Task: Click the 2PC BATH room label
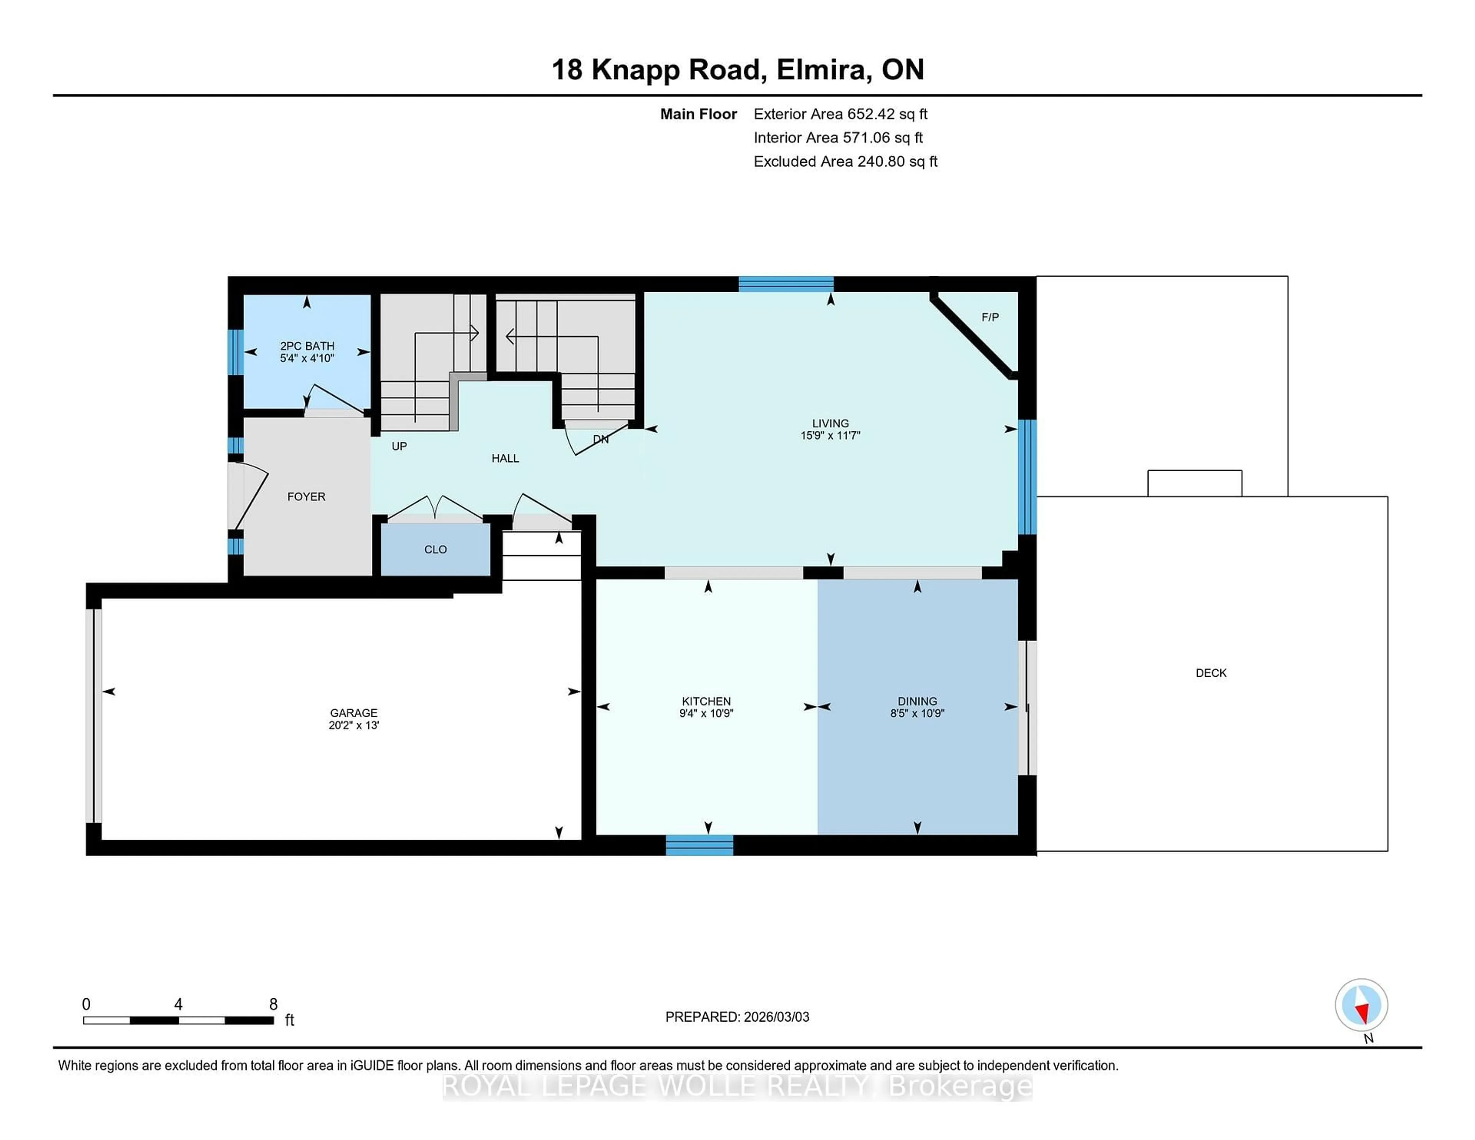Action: (x=307, y=346)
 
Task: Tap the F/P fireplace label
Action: (x=989, y=317)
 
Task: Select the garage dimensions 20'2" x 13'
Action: (x=354, y=725)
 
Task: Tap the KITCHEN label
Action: (x=706, y=701)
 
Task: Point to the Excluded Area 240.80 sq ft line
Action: (x=845, y=161)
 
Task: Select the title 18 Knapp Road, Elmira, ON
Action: (x=737, y=70)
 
